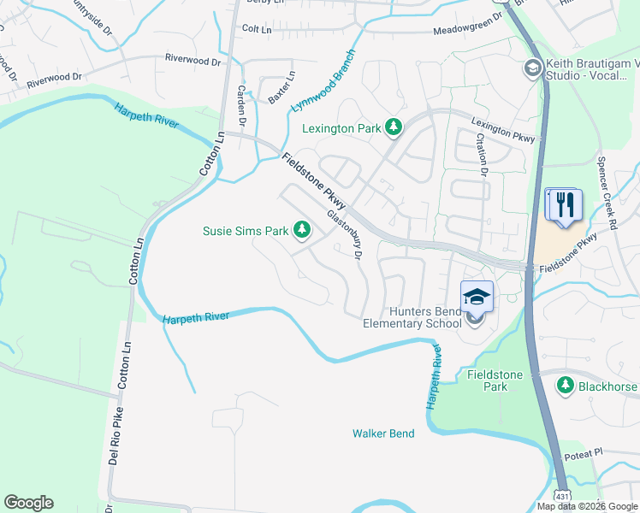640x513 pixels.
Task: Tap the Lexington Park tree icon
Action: pyautogui.click(x=394, y=127)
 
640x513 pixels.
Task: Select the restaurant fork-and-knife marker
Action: pyautogui.click(x=563, y=206)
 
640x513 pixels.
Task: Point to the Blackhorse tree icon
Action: pyautogui.click(x=565, y=386)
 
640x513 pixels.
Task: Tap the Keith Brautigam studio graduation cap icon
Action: pyautogui.click(x=532, y=68)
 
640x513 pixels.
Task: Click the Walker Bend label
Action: pyautogui.click(x=383, y=433)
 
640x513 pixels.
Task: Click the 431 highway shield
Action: pyautogui.click(x=561, y=495)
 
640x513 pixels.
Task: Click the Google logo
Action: pyautogui.click(x=29, y=503)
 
